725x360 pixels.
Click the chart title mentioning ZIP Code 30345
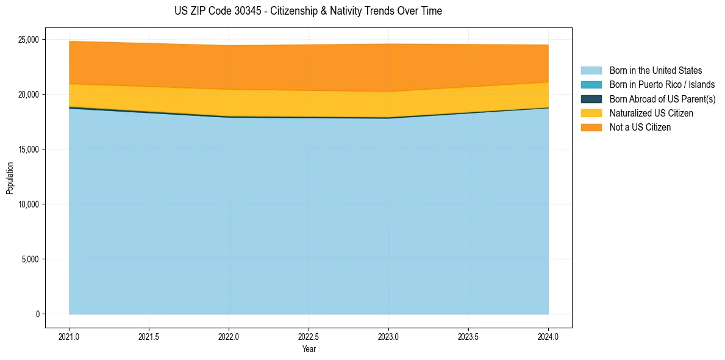pyautogui.click(x=308, y=11)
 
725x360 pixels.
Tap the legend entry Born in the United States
pyautogui.click(x=655, y=71)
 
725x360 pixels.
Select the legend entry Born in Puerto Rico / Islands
pyautogui.click(x=662, y=85)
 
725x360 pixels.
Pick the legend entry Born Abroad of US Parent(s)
pyautogui.click(x=662, y=99)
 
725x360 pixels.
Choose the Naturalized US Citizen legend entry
pyautogui.click(x=651, y=113)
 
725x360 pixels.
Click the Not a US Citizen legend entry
pyautogui.click(x=640, y=128)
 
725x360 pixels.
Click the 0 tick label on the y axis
pyautogui.click(x=37, y=314)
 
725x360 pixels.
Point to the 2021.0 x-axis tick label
pyautogui.click(x=70, y=336)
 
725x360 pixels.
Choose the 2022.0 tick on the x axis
pyautogui.click(x=229, y=336)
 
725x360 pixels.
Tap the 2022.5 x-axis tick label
pyautogui.click(x=309, y=336)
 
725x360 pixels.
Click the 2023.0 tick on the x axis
pyautogui.click(x=388, y=336)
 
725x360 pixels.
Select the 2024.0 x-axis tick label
pyautogui.click(x=548, y=336)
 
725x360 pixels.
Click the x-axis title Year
pyautogui.click(x=309, y=349)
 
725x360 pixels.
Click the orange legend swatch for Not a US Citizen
pyautogui.click(x=591, y=128)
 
